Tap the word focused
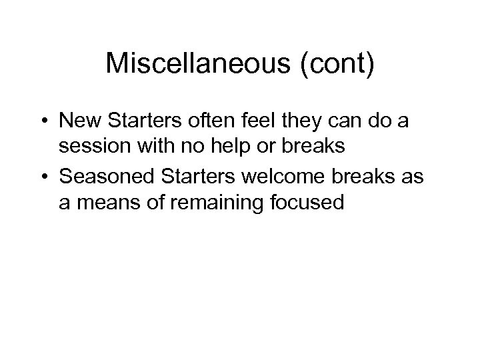coord(308,201)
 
